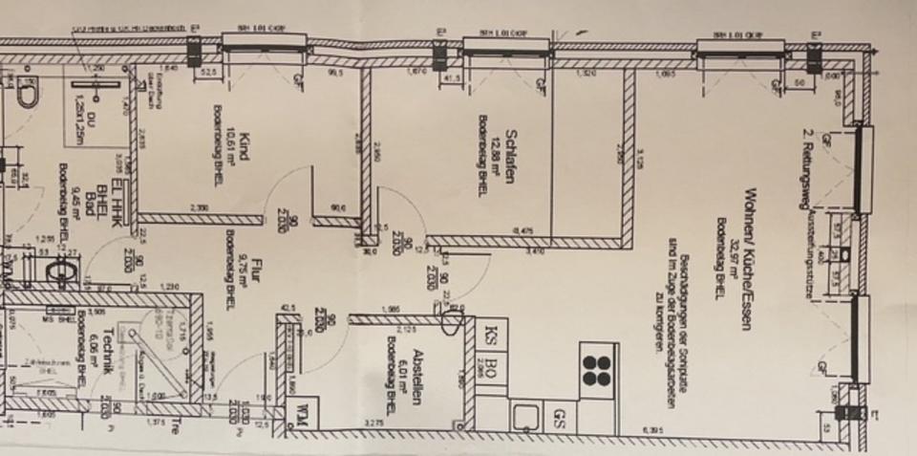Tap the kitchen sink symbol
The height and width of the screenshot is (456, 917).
(525, 417)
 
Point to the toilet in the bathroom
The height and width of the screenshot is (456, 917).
(26, 95)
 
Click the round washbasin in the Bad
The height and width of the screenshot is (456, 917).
(61, 272)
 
